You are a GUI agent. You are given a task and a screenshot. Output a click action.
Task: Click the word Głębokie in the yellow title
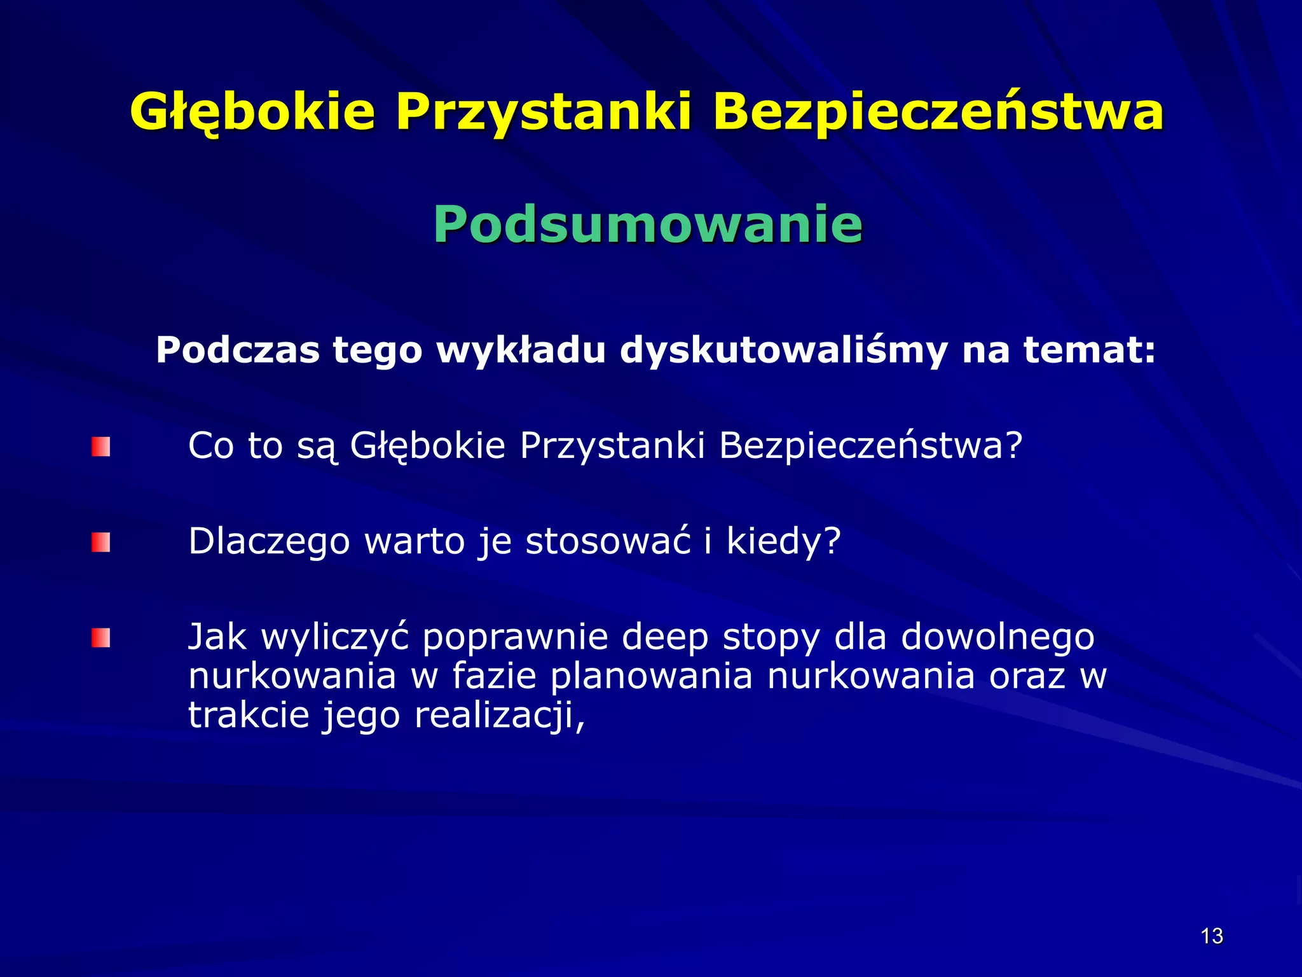[x=252, y=113]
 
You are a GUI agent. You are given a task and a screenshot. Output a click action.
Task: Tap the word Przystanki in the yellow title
[x=544, y=113]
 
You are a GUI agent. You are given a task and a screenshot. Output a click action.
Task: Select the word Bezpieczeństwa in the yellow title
[x=938, y=113]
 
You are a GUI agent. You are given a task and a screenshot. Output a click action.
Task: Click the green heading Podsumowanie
[x=647, y=224]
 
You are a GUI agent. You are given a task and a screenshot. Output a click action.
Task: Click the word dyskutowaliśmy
[x=783, y=350]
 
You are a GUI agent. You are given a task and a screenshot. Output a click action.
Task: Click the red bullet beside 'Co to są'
[x=100, y=447]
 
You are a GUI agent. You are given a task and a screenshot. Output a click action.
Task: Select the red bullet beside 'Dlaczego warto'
[x=100, y=543]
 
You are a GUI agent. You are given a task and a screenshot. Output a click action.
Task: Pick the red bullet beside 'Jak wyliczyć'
[x=100, y=638]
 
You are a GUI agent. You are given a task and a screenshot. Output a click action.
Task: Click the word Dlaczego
[x=269, y=543]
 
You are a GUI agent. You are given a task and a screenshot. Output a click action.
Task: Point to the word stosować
[x=607, y=541]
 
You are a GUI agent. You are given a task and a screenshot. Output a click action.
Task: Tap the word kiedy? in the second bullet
[x=783, y=543]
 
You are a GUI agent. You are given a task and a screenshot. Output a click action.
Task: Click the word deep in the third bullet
[x=664, y=638]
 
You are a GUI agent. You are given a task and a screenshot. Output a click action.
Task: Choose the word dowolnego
[x=997, y=638]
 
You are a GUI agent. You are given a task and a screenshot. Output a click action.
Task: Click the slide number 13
[x=1212, y=936]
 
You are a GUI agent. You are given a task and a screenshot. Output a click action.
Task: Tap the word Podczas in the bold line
[x=238, y=350]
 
